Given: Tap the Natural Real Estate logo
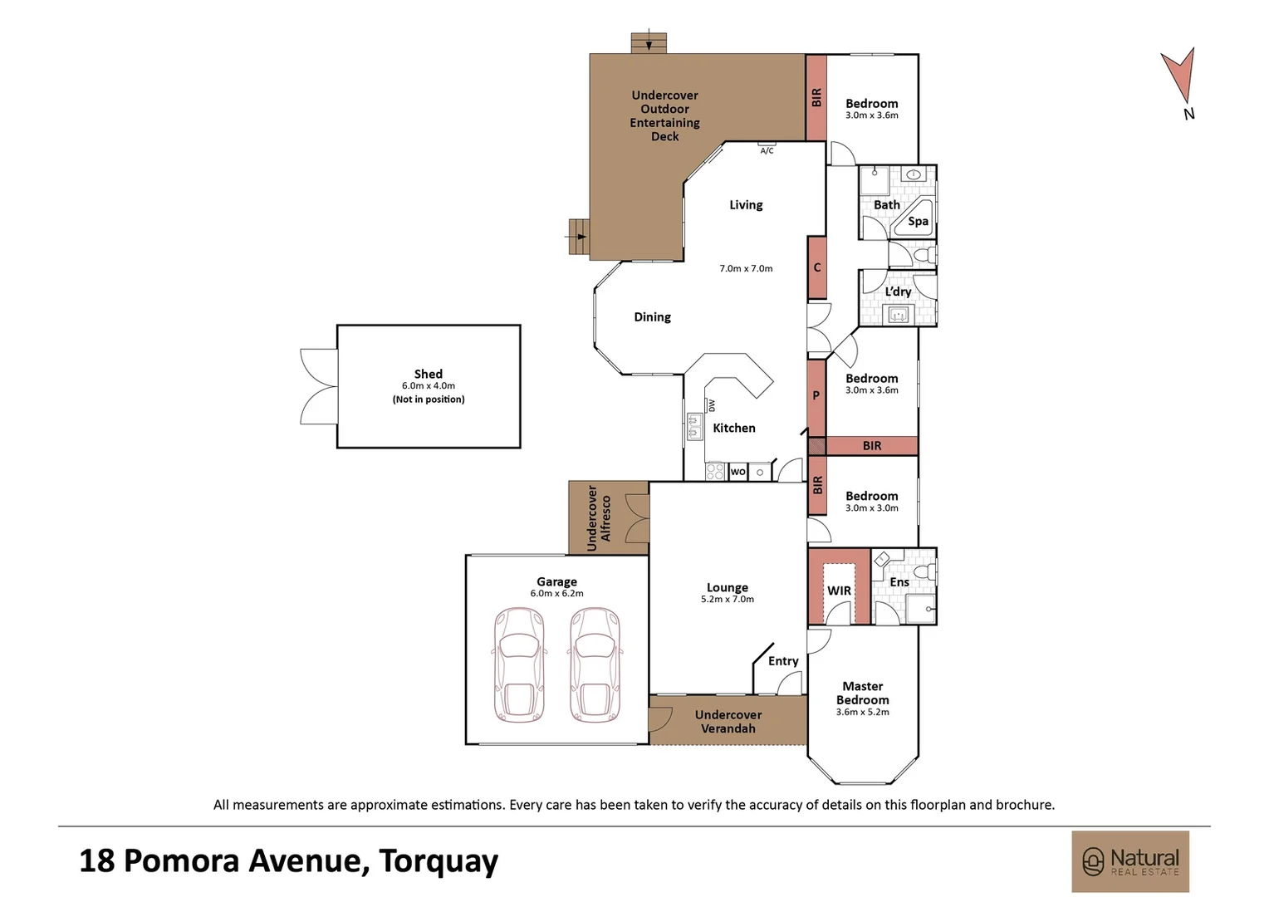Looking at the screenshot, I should pos(1130,861).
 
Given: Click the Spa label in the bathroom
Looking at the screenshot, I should pos(918,221).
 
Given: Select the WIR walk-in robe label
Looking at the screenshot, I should pos(839,591).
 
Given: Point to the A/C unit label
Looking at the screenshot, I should pos(767,150).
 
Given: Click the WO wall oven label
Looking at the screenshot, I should pos(737,472).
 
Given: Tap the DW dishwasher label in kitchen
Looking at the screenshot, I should pos(712,405).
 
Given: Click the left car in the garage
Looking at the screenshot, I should pos(519,664).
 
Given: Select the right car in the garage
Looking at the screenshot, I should pos(595,664).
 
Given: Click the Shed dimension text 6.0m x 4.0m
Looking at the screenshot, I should pos(429,386).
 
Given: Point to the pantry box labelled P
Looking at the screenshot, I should pos(816,396).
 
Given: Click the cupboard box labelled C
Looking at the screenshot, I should pos(817,267).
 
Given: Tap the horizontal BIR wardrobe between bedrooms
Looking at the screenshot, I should pos(871,446).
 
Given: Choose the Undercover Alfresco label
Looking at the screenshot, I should pos(599,518).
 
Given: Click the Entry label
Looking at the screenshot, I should pos(783,661).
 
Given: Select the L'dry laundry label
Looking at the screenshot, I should pos(898,292).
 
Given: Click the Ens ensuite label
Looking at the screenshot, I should pos(899,582).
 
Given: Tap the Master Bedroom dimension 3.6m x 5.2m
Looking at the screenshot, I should pos(862,712).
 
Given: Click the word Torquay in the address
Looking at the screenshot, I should pos(439,861).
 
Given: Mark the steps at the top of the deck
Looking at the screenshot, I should pos(649,42).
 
